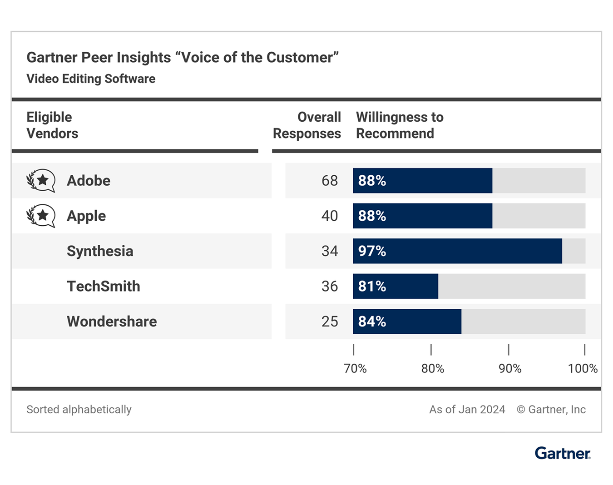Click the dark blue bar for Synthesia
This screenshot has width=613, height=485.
click(457, 251)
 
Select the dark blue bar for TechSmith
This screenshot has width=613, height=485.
click(395, 287)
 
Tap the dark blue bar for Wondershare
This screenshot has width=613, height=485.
click(407, 322)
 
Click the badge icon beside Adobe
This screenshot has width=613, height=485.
click(41, 181)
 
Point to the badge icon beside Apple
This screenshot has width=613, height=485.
click(41, 216)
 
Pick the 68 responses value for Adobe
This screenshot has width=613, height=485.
click(330, 181)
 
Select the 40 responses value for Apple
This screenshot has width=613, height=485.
click(330, 216)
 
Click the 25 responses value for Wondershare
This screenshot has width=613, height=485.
click(330, 322)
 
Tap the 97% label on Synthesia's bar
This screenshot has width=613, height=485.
click(372, 251)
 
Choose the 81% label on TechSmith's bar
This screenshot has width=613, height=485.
click(372, 287)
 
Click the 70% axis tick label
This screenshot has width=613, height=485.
click(355, 368)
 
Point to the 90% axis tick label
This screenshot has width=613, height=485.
click(510, 368)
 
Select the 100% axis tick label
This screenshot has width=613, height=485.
click(583, 368)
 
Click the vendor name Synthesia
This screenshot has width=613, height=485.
click(100, 251)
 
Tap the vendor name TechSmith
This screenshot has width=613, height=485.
click(104, 287)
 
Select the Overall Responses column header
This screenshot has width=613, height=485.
click(307, 125)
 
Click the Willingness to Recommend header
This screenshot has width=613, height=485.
click(400, 125)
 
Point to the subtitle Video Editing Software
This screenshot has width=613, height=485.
click(91, 79)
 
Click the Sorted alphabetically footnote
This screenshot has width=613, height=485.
click(79, 410)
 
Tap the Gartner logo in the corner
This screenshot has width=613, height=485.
click(563, 453)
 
